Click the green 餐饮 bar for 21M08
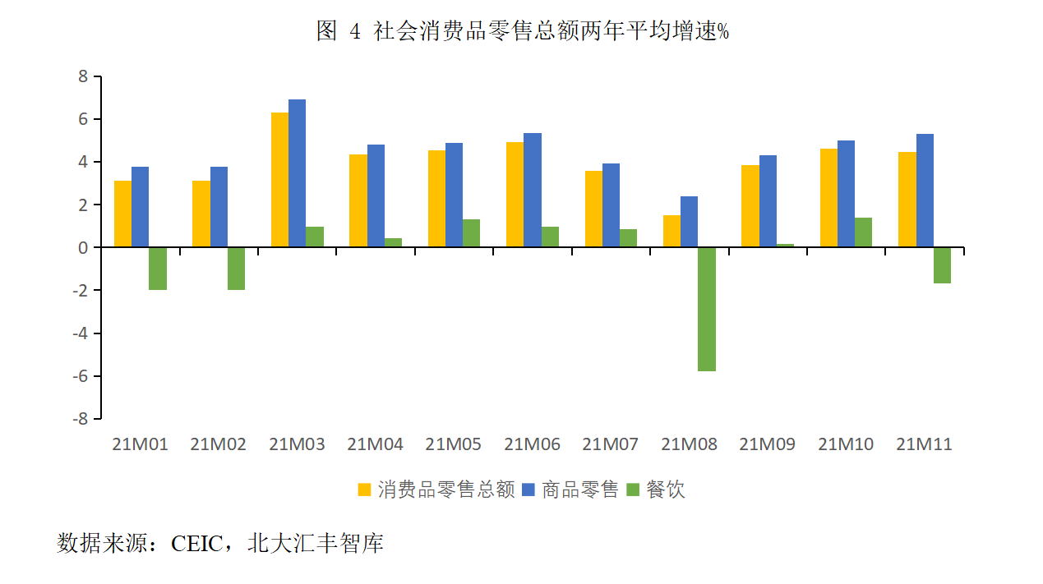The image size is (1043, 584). click(706, 309)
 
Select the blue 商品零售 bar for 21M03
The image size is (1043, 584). click(297, 173)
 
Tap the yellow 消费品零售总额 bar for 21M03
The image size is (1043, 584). click(279, 180)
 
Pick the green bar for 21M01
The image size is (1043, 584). click(158, 269)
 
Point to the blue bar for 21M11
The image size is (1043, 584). click(925, 191)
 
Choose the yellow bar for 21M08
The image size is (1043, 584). click(671, 231)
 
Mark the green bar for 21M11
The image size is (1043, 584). click(942, 265)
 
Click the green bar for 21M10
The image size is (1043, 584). click(863, 232)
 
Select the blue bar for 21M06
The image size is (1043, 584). click(533, 190)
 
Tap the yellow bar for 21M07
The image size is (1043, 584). click(593, 209)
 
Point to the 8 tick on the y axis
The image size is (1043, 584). click(83, 76)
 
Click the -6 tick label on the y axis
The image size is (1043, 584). click(80, 376)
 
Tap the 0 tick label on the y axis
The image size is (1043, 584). click(83, 247)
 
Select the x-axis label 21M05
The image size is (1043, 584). click(453, 444)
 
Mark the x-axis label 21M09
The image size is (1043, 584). click(767, 444)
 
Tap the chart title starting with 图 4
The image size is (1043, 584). click(523, 31)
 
